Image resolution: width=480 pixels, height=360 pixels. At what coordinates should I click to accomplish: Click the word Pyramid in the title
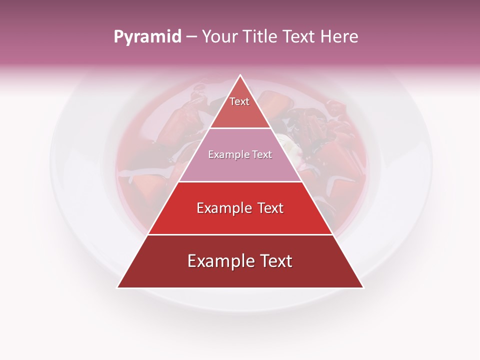point(147,37)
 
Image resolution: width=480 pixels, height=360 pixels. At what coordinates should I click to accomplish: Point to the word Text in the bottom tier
point(275,261)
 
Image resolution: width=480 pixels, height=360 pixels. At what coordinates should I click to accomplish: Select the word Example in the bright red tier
point(223,208)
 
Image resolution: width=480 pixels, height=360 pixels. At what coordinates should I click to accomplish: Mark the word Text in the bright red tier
point(269,208)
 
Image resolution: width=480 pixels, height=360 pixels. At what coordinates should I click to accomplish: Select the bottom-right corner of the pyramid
point(363,287)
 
